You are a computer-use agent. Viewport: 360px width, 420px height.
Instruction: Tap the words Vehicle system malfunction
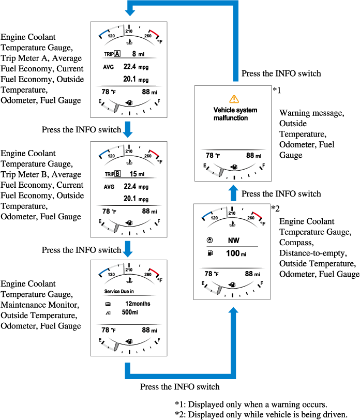pos(235,114)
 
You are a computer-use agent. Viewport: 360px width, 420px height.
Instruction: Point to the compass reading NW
pos(233,240)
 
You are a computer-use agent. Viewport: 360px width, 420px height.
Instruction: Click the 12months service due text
pos(138,303)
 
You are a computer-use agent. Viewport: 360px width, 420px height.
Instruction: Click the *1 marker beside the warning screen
pos(277,91)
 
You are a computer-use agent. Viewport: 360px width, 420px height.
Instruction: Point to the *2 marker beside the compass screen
pos(275,208)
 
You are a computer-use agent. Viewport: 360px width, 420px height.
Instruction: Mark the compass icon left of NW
pos(208,240)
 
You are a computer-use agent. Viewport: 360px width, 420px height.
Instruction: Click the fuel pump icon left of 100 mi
pos(208,253)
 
